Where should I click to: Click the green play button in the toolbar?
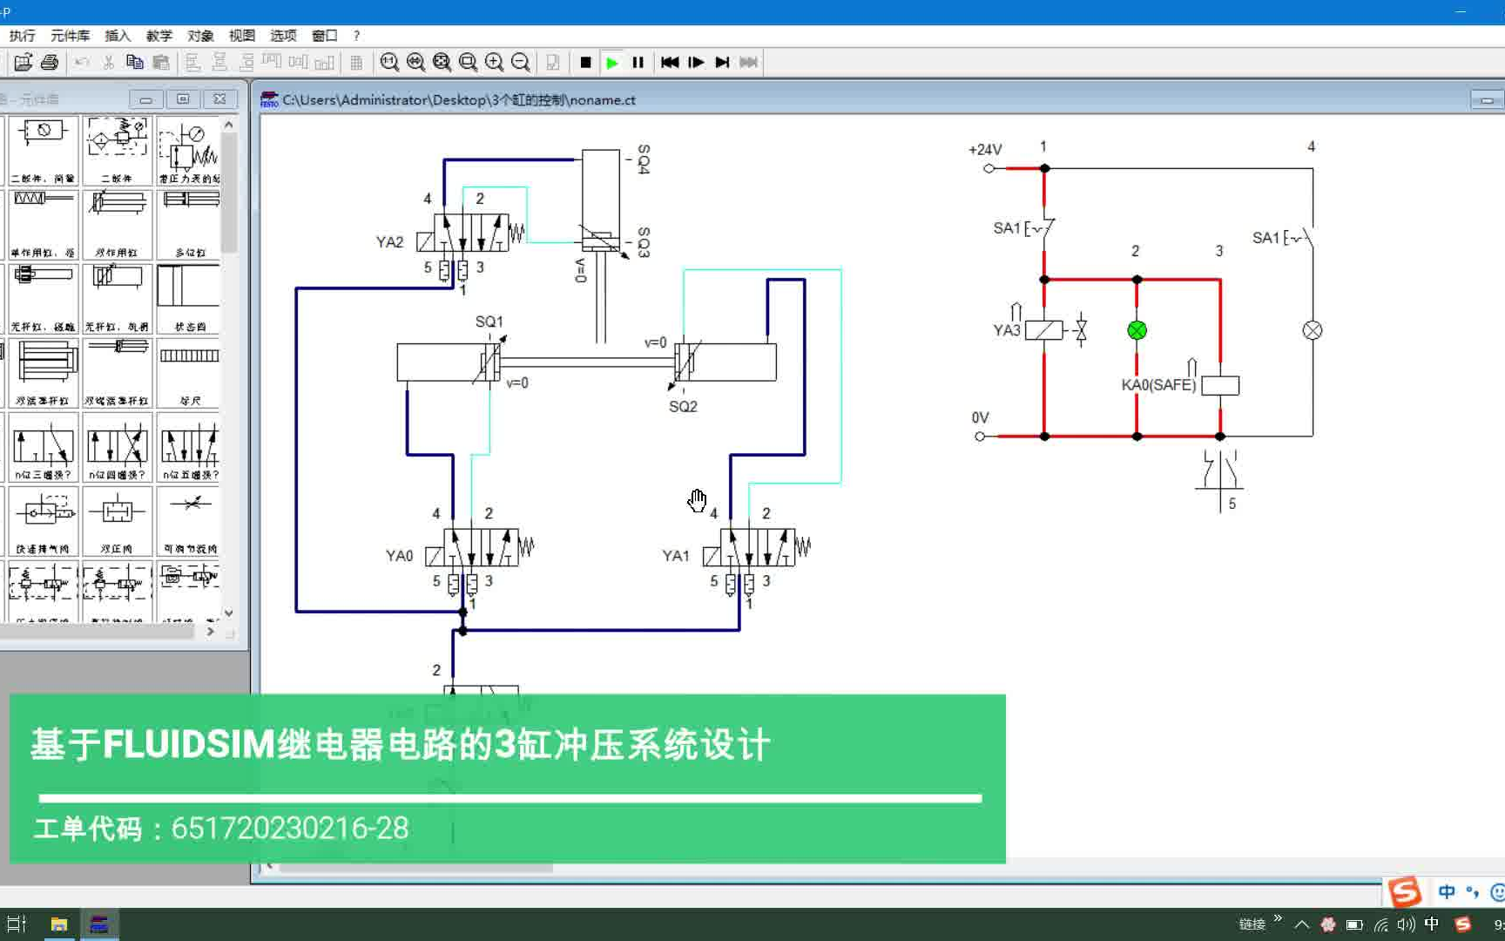612,63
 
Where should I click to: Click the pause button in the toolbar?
638,63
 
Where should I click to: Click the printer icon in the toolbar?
50,63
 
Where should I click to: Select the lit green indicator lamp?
1137,330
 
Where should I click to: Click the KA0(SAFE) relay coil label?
1158,385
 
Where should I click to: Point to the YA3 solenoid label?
1006,330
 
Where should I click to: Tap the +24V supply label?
985,150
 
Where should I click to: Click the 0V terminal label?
980,417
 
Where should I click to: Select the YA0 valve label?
399,556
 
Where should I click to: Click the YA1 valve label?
675,556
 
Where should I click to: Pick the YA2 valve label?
389,242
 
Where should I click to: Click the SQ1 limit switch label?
489,322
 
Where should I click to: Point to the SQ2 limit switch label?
683,406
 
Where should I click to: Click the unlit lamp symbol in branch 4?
1312,330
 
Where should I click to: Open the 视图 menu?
241,36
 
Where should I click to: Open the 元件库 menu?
70,36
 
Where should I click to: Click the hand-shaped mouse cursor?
697,500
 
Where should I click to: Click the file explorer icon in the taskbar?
58,924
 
